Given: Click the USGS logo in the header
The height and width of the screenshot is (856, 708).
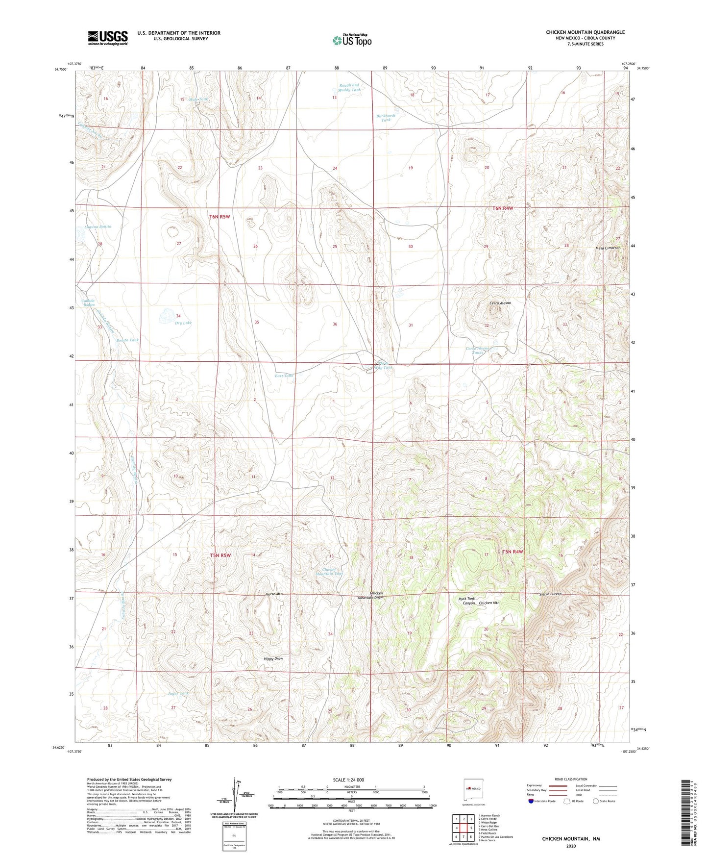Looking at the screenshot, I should click(108, 38).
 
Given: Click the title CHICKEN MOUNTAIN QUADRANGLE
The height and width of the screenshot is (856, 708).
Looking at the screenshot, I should click(585, 32).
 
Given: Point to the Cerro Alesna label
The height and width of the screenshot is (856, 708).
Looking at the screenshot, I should click(500, 303).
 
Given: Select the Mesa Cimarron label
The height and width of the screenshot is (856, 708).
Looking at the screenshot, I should click(608, 248).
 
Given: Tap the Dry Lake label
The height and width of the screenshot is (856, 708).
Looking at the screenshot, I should click(183, 323).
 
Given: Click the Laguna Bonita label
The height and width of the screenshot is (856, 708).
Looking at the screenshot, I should click(98, 227).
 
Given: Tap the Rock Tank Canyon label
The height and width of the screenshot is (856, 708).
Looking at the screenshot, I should click(466, 601).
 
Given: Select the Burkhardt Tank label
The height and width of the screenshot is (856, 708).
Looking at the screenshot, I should click(386, 118).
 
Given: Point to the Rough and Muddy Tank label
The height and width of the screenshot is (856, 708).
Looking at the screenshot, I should click(349, 87).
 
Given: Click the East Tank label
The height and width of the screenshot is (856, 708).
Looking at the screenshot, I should click(284, 376).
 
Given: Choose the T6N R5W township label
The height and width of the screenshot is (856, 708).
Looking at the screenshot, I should click(220, 216).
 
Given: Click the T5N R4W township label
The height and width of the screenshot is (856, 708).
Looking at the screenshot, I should click(513, 552).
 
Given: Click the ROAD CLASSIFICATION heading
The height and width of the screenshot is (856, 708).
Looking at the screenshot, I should click(571, 779).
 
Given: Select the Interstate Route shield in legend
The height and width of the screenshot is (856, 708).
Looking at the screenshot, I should click(532, 801).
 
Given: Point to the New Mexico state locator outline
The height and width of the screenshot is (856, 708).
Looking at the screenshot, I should click(473, 788).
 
